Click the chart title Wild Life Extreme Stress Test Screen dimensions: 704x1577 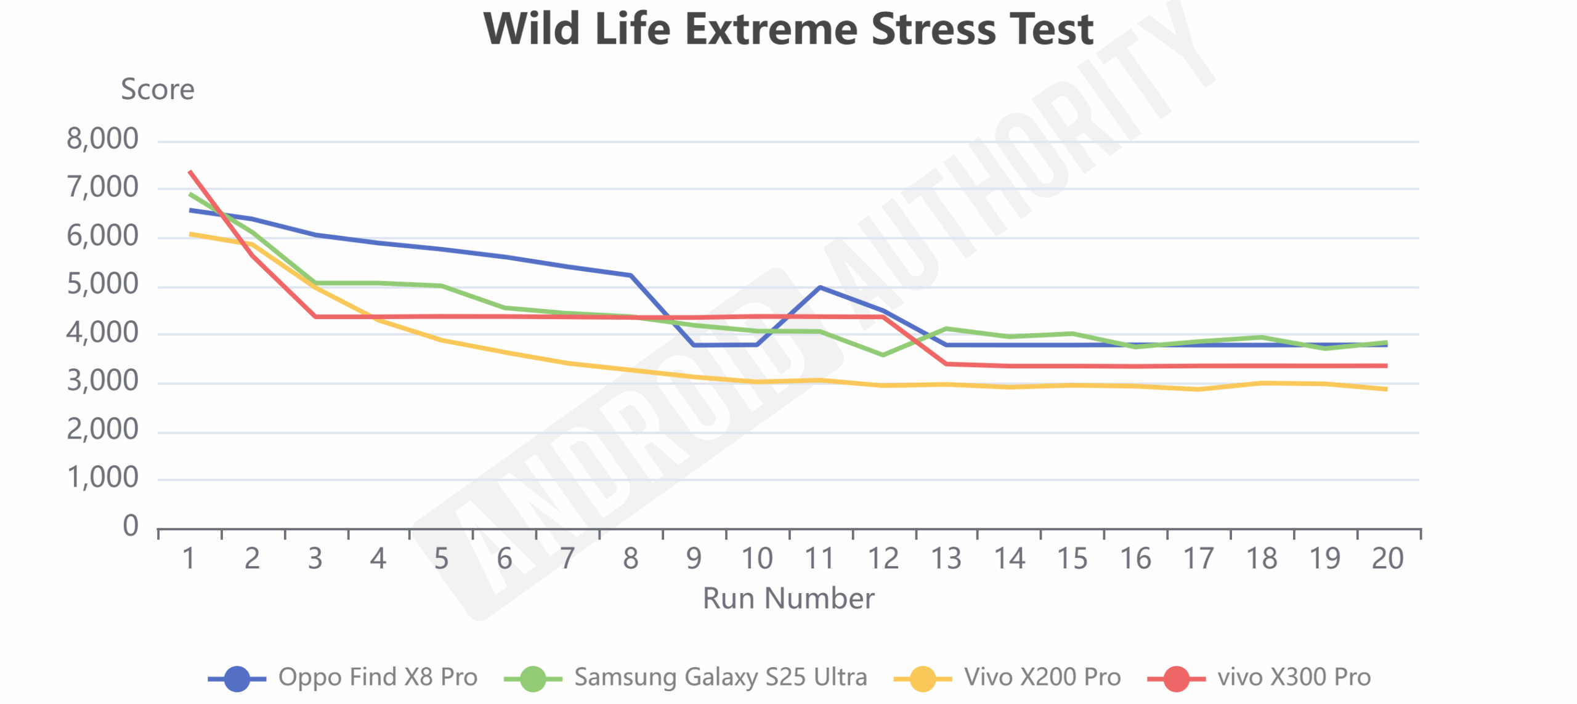pyautogui.click(x=788, y=29)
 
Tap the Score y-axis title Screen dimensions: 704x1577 pyautogui.click(x=158, y=89)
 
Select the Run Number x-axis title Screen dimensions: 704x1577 pyautogui.click(x=788, y=598)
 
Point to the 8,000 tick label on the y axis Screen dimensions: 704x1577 pyautogui.click(x=102, y=139)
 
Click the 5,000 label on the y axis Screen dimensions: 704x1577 pyautogui.click(x=102, y=284)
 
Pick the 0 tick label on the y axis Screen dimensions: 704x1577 pyautogui.click(x=130, y=526)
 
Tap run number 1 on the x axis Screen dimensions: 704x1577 pyautogui.click(x=189, y=559)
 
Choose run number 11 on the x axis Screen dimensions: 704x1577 pyautogui.click(x=820, y=559)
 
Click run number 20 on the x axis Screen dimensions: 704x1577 pyautogui.click(x=1387, y=559)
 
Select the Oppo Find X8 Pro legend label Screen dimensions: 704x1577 pyautogui.click(x=378, y=677)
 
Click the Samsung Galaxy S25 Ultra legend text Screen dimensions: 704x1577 pyautogui.click(x=720, y=677)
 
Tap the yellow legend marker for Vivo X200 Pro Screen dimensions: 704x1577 pyautogui.click(x=922, y=679)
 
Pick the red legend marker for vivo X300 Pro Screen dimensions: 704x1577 pyautogui.click(x=1176, y=679)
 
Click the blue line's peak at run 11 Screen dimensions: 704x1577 pyautogui.click(x=820, y=287)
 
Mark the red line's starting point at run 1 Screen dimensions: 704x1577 pyautogui.click(x=190, y=171)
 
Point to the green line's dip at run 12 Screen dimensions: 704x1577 pyautogui.click(x=883, y=355)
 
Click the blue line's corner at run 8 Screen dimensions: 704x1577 pyautogui.click(x=631, y=275)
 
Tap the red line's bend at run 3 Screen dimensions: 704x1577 pyautogui.click(x=315, y=317)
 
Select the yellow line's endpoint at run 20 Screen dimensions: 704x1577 pyautogui.click(x=1387, y=389)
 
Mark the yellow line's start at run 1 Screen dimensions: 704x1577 pyautogui.click(x=190, y=233)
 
